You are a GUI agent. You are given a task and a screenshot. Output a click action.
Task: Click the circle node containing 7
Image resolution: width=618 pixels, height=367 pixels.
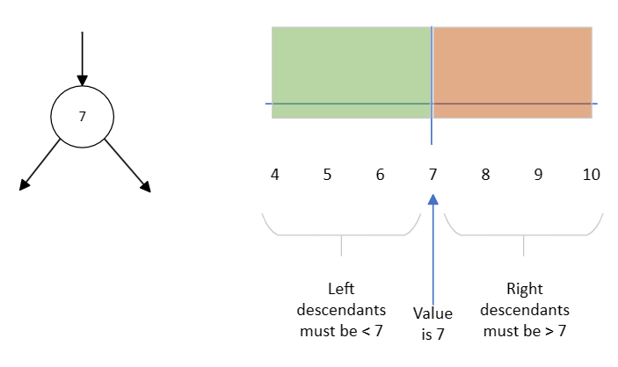tap(82, 117)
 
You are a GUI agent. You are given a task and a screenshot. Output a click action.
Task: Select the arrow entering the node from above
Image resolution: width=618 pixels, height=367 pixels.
tap(82, 58)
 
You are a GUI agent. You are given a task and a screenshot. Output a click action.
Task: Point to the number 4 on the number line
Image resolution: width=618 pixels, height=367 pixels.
tap(275, 175)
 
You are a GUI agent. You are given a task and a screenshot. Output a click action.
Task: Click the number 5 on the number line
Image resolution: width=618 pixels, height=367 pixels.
tap(327, 175)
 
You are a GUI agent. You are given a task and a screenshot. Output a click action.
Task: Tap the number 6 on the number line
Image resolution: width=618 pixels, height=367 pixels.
tap(380, 175)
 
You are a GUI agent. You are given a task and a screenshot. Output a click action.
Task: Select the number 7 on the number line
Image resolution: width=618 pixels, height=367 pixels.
tap(433, 175)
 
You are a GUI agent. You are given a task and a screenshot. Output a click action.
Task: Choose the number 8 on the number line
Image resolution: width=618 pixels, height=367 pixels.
tap(485, 175)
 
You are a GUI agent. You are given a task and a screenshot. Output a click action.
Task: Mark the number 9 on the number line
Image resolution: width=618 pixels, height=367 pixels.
tap(538, 175)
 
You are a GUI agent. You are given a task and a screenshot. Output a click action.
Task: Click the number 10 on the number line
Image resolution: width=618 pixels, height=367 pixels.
tap(591, 175)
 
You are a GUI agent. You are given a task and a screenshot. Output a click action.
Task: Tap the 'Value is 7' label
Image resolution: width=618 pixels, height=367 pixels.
tap(433, 322)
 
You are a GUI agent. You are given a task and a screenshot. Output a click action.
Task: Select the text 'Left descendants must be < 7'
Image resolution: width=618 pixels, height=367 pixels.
tap(341, 310)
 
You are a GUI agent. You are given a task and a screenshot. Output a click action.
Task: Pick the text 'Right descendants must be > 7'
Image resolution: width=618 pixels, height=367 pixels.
tap(525, 310)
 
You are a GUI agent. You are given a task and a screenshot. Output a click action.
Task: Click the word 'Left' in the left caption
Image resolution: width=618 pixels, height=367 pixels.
tap(341, 288)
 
